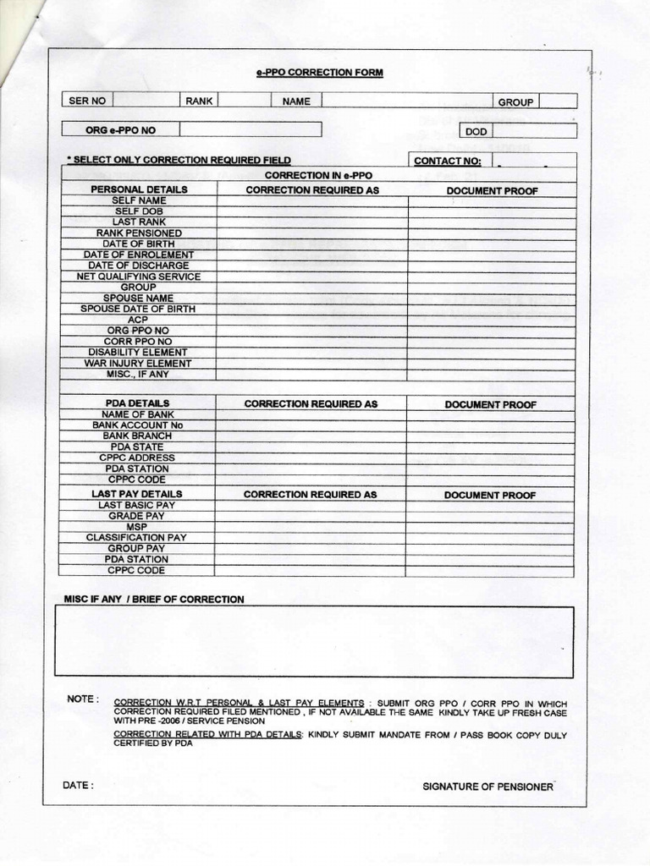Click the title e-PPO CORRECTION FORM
pos(320,74)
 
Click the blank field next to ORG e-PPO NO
pos(251,129)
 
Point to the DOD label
pos(476,131)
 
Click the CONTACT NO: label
pos(448,161)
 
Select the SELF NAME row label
pos(139,200)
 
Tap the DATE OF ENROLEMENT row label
pos(139,255)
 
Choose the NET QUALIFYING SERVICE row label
pos(139,277)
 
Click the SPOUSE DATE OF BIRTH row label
pos(139,309)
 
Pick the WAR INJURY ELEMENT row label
pos(139,363)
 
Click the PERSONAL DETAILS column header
pos(139,189)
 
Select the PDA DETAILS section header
pos(137,403)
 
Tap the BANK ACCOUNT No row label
pos(137,425)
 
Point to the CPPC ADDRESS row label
pos(137,458)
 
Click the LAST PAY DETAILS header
pos(137,493)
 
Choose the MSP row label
pos(137,526)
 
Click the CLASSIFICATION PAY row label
pos(137,537)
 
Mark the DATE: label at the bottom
pos(79,785)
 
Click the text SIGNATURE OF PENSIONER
pos(487,787)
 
